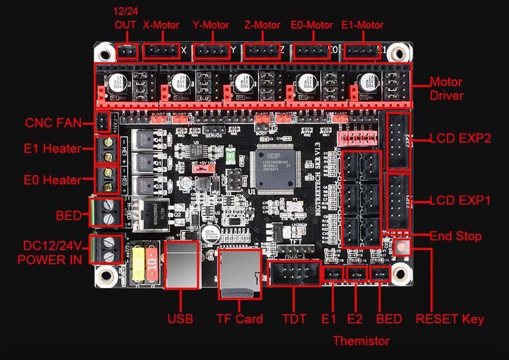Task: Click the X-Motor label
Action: (x=160, y=25)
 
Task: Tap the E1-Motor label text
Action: (x=362, y=25)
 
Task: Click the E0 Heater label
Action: (x=52, y=180)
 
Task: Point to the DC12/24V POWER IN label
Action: (x=50, y=252)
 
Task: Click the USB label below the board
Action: (x=180, y=319)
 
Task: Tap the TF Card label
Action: (x=239, y=319)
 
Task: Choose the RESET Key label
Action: (x=450, y=319)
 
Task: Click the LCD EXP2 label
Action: (x=459, y=139)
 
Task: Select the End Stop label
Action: (x=456, y=236)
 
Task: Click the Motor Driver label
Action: (x=446, y=89)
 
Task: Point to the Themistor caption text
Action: (x=360, y=341)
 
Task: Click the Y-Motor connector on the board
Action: (x=210, y=50)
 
